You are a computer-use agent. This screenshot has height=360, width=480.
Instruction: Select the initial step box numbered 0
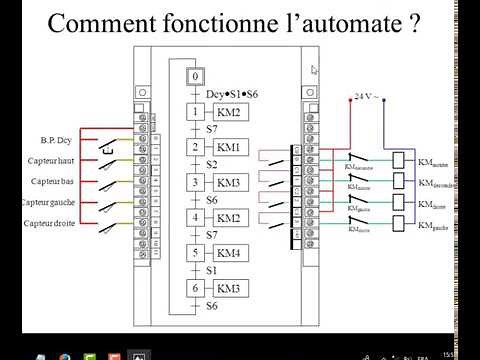click(197, 76)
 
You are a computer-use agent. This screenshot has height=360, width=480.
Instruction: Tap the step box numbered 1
click(197, 112)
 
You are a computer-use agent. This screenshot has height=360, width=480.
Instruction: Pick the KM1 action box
click(229, 148)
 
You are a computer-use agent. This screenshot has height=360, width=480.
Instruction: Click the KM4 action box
click(229, 253)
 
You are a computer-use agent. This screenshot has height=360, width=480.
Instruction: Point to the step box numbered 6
click(197, 288)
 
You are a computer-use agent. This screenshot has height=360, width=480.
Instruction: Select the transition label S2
click(212, 165)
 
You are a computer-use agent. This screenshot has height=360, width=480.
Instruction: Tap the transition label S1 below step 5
click(212, 270)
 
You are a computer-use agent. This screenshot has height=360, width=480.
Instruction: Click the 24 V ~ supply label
click(366, 96)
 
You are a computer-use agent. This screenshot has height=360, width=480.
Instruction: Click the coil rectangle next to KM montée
click(400, 160)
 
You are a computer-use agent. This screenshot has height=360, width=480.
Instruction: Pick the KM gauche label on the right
click(437, 227)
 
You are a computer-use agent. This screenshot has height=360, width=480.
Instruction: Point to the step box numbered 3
click(197, 183)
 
